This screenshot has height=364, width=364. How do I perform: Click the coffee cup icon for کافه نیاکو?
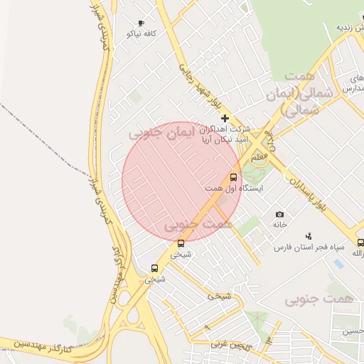[x=140, y=23]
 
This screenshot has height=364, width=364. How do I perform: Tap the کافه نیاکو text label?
[x=140, y=33]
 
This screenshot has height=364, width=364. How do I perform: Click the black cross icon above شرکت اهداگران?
[x=225, y=118]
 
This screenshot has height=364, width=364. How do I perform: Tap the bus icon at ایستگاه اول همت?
[x=233, y=177]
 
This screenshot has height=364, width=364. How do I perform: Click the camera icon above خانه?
[x=279, y=214]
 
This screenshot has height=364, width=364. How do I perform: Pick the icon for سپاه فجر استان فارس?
[x=308, y=236]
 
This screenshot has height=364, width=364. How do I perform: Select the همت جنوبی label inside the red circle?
[x=198, y=225]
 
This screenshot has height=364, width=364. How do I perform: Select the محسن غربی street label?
[x=231, y=344]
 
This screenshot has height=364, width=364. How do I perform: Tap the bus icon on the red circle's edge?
[x=181, y=244]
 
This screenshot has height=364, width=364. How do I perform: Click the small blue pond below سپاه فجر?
[x=338, y=264]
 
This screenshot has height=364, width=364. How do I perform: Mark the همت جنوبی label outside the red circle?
[x=318, y=300]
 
